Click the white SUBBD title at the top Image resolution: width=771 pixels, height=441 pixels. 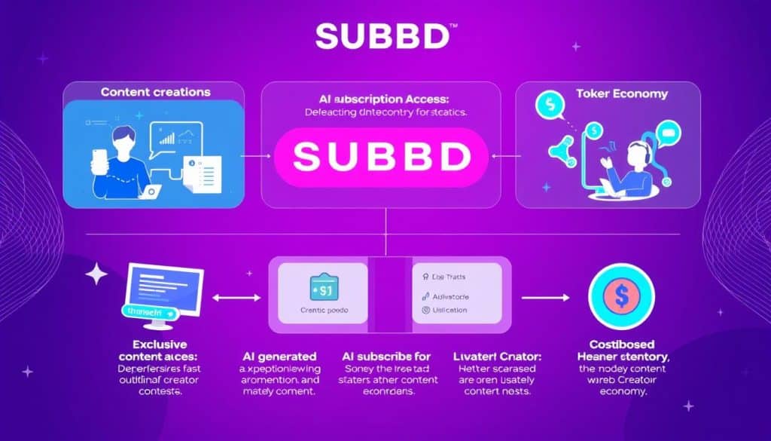coord(385,35)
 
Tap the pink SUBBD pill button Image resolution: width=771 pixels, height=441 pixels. coord(385,157)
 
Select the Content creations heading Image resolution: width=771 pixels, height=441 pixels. coord(155,92)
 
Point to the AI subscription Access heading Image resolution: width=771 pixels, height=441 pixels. coord(385,100)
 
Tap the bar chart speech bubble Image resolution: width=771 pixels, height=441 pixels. coord(177,139)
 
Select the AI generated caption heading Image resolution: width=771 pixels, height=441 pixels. coord(279,355)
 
